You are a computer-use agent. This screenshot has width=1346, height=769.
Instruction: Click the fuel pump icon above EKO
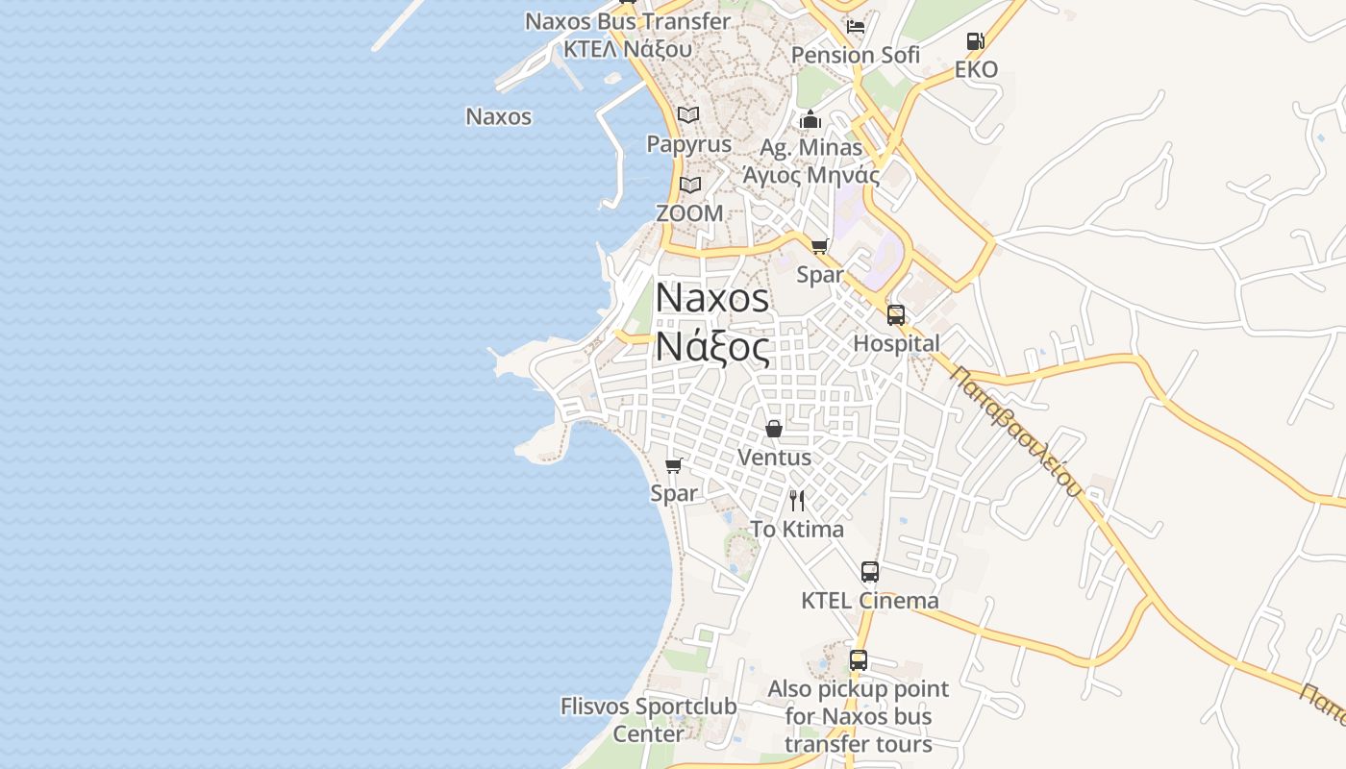coord(975,41)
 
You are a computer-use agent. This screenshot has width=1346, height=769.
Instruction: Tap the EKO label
coord(976,69)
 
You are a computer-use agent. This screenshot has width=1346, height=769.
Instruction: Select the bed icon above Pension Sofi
coord(856,26)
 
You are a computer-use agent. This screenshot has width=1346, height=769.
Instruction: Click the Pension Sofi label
coord(855,55)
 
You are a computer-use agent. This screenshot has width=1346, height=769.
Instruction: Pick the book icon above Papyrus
coord(688,115)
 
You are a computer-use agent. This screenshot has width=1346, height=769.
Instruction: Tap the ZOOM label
coord(688,212)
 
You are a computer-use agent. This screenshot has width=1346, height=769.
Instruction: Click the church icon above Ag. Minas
coord(810,120)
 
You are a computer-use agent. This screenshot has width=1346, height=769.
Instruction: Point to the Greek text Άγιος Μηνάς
coord(810,175)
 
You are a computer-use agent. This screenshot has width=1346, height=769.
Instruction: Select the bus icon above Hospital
coord(896,315)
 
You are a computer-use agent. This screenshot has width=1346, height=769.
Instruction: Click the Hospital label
coord(896,343)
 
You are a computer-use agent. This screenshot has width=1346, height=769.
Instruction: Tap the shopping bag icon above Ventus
coord(774,429)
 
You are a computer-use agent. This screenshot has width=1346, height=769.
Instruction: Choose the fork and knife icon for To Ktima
coord(797,501)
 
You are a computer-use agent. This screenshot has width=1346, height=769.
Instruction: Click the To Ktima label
coord(797,529)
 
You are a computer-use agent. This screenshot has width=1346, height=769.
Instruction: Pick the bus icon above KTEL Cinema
coord(870,572)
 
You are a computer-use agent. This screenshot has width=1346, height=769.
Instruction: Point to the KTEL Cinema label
coord(870,601)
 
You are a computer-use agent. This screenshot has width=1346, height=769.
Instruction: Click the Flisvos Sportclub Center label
coord(649,719)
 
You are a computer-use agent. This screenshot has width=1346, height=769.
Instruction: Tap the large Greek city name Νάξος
coord(712,347)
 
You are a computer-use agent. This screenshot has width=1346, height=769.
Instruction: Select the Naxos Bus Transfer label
coord(628,21)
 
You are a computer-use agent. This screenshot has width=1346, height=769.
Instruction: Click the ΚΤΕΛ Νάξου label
coord(628,48)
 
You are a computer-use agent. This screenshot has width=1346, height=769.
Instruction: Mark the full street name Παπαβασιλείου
coord(1015,432)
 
